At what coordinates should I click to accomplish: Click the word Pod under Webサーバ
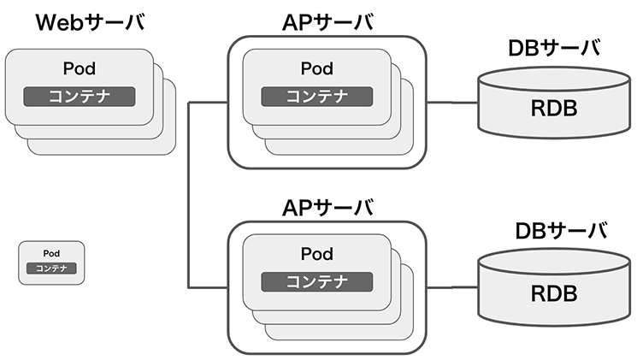point(78,68)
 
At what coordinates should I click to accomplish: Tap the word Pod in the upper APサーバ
point(317,68)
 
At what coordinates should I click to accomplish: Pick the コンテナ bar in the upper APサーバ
point(317,95)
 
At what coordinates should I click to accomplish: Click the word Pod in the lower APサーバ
point(317,254)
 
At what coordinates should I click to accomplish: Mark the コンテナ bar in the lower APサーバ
point(317,280)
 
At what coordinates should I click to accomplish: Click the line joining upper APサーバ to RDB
point(451,103)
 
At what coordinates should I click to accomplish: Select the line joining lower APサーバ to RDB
point(451,286)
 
